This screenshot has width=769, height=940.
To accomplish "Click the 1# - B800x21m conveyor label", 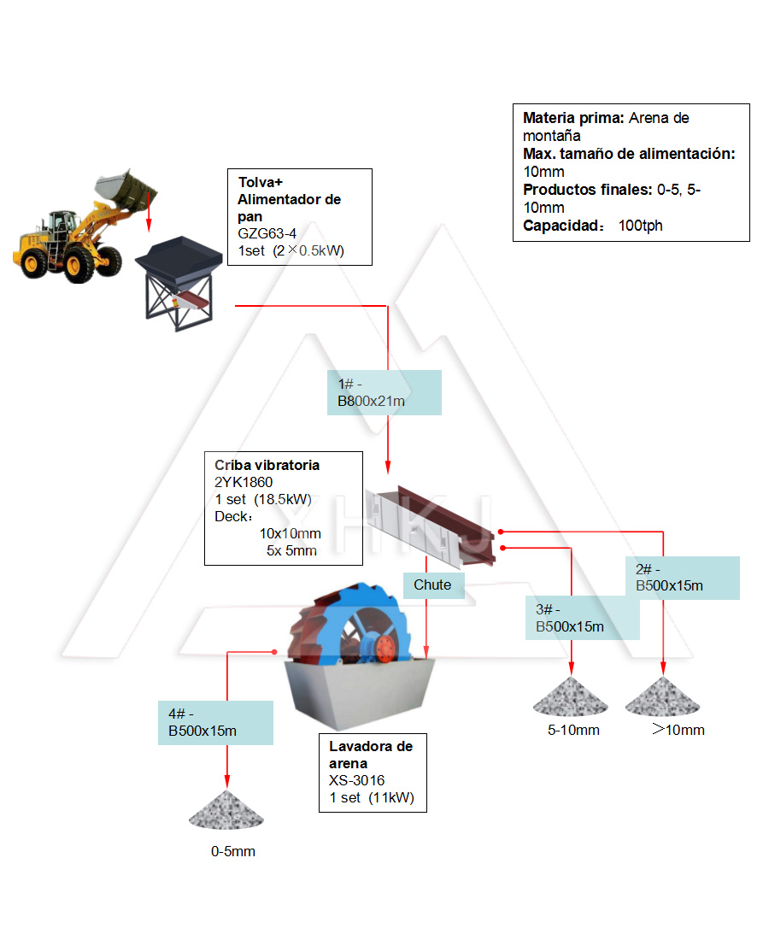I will (384, 392).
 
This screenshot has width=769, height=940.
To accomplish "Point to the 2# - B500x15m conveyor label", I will (686, 578).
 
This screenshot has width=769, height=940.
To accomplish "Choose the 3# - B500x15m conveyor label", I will (582, 619).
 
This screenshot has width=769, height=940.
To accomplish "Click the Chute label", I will (432, 585).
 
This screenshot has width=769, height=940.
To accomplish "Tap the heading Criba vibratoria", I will (267, 465).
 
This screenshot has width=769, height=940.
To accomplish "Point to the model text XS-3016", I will (357, 780).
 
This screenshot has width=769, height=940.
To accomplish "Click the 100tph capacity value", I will (640, 226).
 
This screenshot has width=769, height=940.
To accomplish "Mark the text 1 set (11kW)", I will (372, 798).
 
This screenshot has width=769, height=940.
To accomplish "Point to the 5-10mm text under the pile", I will (573, 730).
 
